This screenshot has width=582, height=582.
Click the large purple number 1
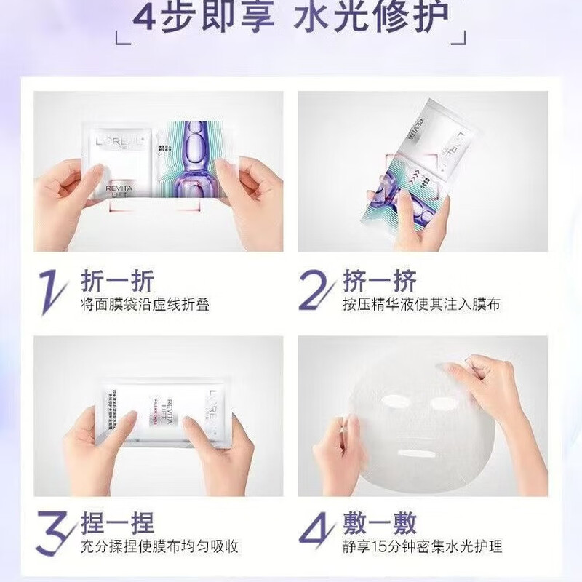(53, 290)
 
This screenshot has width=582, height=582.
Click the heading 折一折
(116, 280)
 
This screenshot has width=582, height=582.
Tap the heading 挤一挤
(378, 280)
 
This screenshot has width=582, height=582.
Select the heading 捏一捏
(116, 522)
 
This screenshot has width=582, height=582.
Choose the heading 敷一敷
(378, 522)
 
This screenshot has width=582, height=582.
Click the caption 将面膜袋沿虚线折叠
(145, 305)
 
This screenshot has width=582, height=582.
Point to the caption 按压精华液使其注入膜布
(421, 305)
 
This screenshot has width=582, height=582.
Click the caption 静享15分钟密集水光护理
(423, 547)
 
